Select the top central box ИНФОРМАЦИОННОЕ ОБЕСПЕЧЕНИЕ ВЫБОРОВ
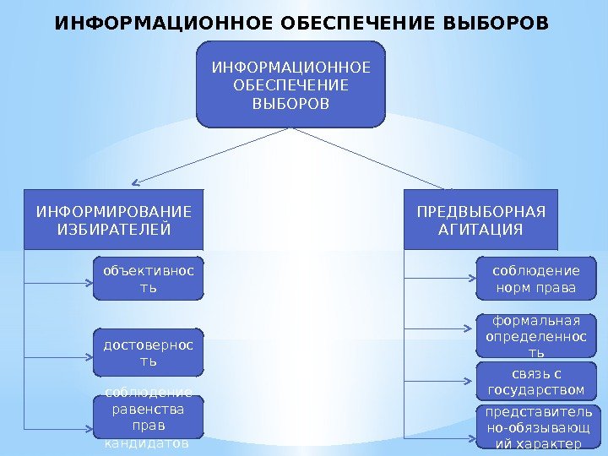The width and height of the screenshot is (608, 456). tap(290, 84)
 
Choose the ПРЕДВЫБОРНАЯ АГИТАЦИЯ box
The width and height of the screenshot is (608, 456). tap(481, 220)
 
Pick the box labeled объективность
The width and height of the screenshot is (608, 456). tap(148, 279)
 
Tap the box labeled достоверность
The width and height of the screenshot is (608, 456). tap(148, 352)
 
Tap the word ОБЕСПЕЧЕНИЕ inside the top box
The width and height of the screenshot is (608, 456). tap(290, 85)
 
